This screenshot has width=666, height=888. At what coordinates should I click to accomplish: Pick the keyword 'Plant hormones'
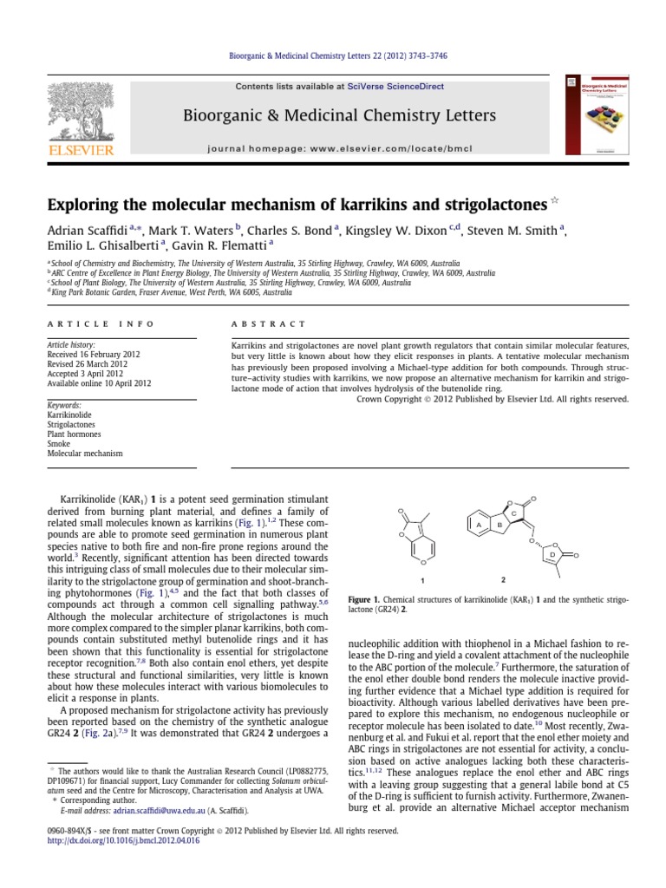tap(75, 433)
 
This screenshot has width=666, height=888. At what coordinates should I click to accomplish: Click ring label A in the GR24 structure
tap(478, 525)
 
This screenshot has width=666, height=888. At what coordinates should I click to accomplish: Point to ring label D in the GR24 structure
tap(552, 553)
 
